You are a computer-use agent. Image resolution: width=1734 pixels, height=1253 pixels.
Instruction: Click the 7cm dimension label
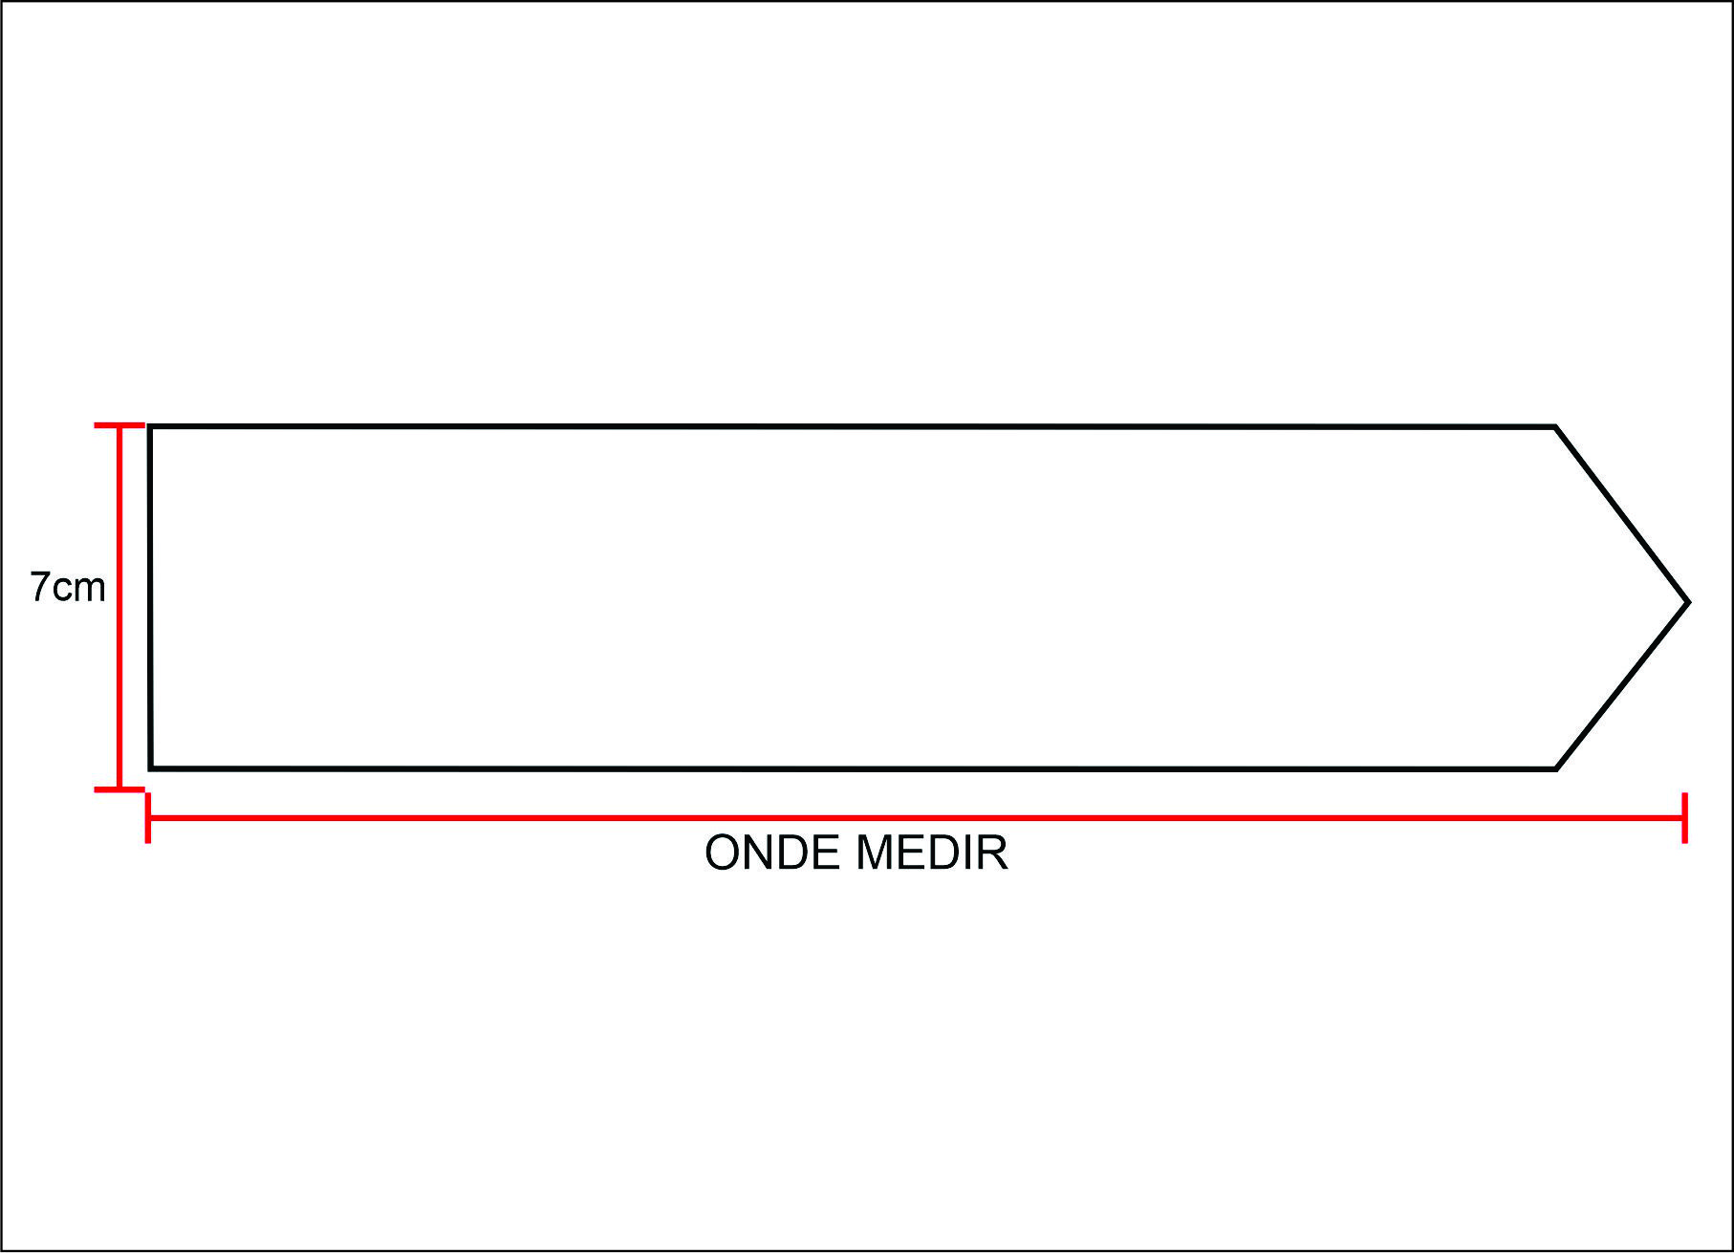67,588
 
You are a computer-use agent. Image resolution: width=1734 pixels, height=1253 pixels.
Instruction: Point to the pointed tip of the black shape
1687,602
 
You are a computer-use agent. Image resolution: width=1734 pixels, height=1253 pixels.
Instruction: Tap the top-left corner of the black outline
151,427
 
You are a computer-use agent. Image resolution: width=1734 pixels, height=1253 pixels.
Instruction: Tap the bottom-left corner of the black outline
151,767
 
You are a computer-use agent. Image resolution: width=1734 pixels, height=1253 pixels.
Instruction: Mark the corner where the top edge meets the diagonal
1555,427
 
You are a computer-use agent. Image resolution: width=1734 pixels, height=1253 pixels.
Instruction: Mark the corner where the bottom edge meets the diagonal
1555,767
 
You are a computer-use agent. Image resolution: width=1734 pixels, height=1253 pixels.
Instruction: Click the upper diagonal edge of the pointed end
1622,515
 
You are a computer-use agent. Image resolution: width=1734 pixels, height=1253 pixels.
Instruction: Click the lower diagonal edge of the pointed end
1622,685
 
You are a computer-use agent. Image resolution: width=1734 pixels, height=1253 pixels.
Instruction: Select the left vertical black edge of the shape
150,597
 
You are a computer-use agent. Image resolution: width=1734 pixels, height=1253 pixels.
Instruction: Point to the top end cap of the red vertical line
119,424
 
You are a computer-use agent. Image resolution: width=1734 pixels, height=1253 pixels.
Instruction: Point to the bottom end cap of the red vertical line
119,789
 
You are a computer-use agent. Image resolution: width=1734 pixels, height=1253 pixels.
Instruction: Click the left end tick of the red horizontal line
147,818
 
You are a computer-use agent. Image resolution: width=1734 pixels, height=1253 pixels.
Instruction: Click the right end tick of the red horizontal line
1684,818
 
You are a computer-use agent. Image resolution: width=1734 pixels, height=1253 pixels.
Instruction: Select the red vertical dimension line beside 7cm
119,669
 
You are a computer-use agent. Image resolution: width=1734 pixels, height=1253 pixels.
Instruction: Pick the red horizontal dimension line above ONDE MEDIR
916,818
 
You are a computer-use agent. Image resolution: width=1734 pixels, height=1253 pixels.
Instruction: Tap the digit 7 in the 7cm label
39,588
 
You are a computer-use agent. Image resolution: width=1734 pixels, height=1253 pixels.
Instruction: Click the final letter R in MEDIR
994,853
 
